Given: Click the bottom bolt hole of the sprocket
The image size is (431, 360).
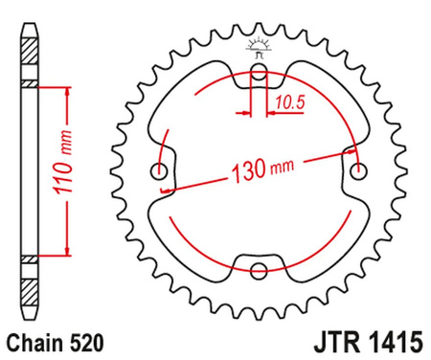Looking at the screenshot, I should tap(259, 271).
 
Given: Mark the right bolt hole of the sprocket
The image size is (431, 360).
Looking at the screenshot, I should tap(359, 170).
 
